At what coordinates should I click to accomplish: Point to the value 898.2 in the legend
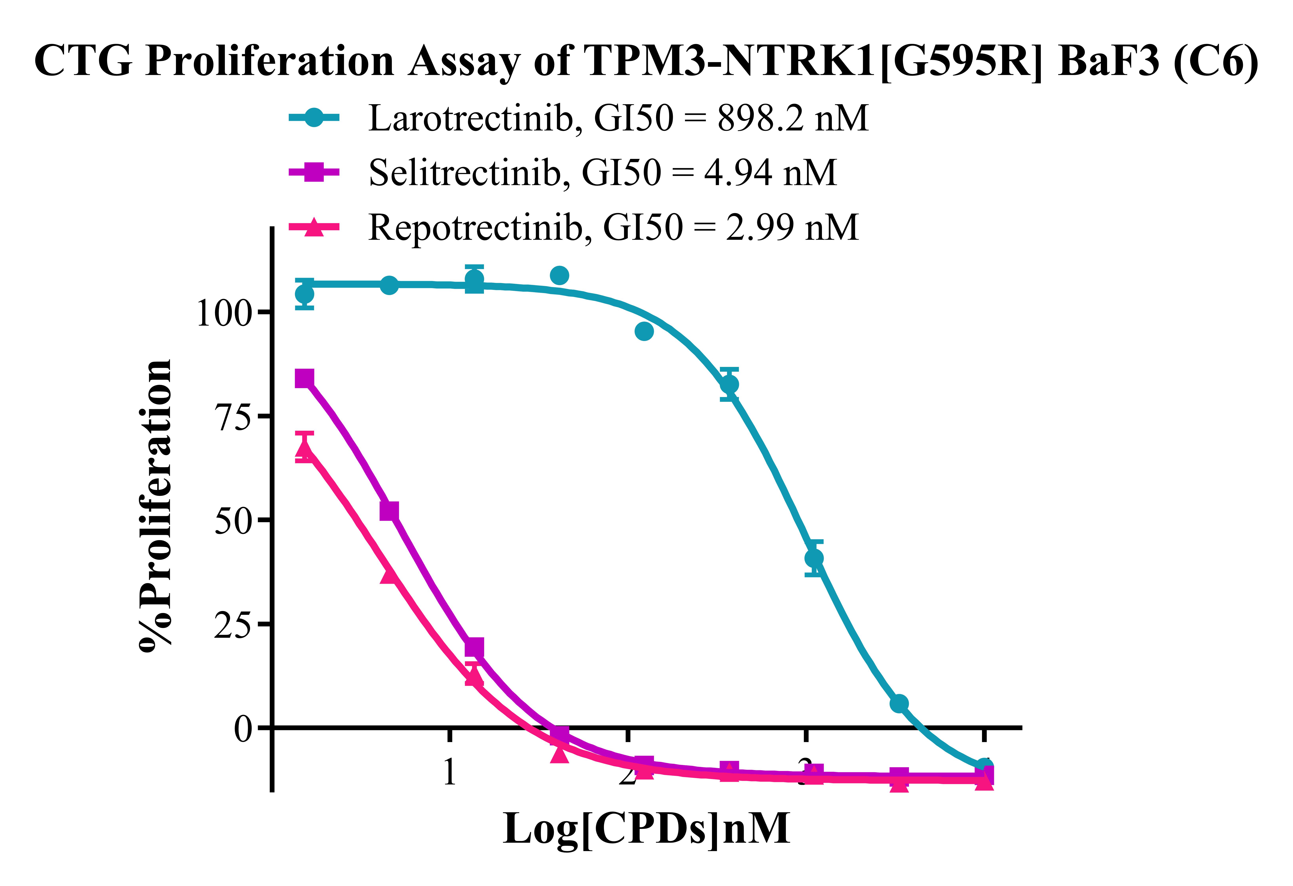tap(761, 118)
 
